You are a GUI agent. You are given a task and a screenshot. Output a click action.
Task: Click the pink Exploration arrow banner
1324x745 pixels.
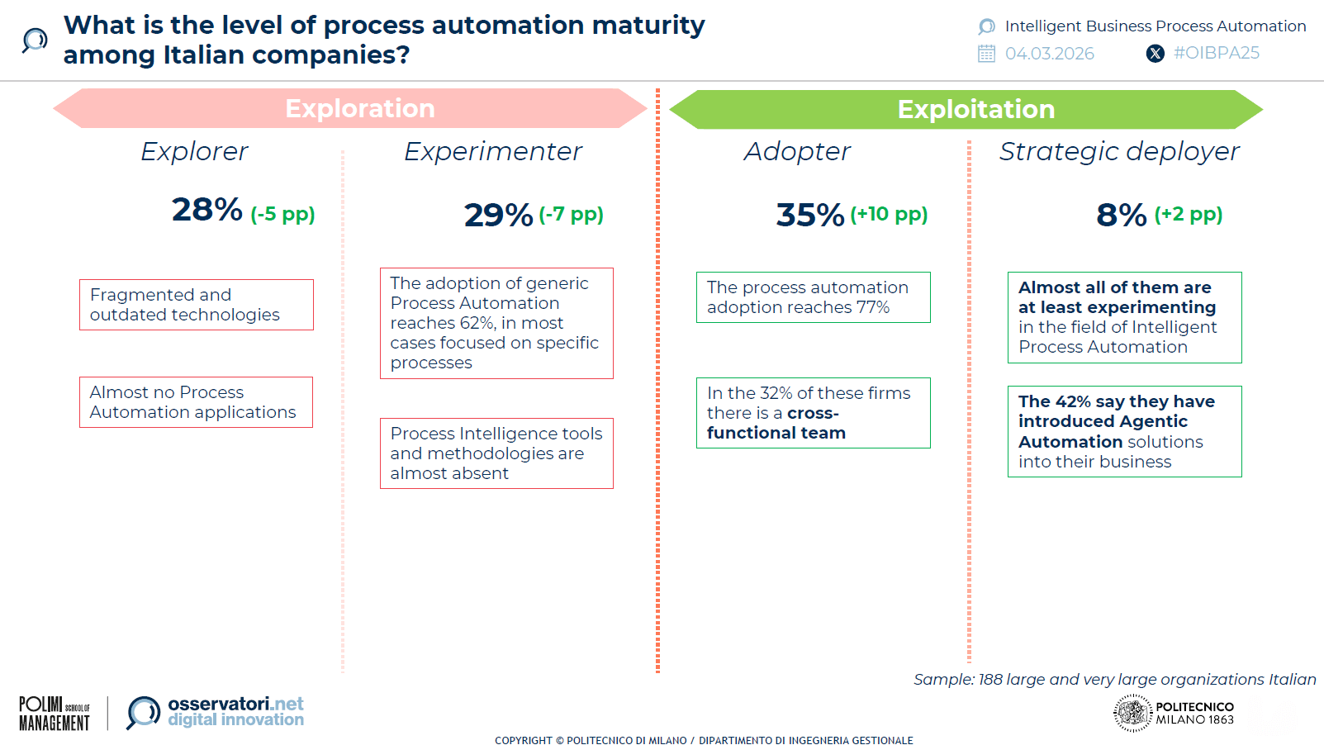[x=351, y=108]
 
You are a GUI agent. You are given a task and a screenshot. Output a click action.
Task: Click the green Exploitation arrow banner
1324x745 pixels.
[x=966, y=109]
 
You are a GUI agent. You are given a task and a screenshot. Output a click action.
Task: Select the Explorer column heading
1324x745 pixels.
[x=194, y=151]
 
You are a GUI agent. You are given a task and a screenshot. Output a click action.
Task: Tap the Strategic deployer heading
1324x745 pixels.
[x=1118, y=151]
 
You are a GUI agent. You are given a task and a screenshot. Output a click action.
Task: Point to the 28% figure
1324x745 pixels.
[x=206, y=210]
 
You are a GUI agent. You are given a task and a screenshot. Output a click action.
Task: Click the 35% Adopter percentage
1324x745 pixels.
[x=809, y=215]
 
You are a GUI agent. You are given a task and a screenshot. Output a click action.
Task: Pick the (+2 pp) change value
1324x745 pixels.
[x=1188, y=214]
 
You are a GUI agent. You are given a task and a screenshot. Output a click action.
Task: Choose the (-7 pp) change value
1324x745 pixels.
[x=571, y=214]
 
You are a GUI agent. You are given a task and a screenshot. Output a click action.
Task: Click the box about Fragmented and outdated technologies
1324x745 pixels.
[x=197, y=305]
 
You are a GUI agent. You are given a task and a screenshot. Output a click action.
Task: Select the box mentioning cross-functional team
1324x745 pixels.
[x=813, y=413]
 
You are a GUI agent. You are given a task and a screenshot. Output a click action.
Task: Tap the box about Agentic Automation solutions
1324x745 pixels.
[x=1124, y=431]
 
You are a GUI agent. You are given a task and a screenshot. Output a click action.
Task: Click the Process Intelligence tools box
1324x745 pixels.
[x=496, y=453]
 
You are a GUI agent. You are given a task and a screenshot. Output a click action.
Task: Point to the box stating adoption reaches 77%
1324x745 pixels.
[x=813, y=297]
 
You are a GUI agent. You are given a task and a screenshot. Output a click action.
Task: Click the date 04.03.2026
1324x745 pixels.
[x=1049, y=54]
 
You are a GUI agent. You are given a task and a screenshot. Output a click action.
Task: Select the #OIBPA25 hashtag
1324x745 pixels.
[x=1216, y=53]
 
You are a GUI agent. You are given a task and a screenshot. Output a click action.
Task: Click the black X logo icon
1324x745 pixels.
[x=1155, y=54]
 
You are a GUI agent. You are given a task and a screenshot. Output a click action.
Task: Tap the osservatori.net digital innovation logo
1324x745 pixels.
[x=216, y=712]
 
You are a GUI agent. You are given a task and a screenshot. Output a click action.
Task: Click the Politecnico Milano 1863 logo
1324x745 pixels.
[x=1174, y=713]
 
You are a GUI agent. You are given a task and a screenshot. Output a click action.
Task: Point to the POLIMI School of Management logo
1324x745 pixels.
[x=55, y=713]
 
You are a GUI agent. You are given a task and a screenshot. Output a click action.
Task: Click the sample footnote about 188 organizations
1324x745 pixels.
[x=1114, y=679]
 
